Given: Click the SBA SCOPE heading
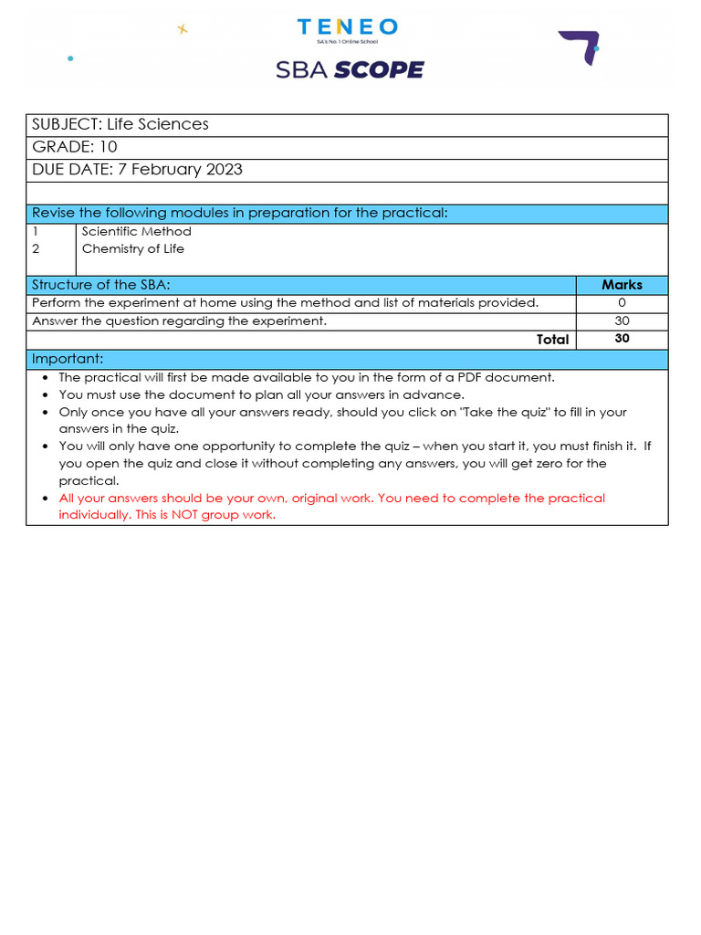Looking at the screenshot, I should [x=350, y=69].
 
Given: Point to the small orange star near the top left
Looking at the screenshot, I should [x=182, y=28].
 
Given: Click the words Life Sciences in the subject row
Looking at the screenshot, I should [x=158, y=124].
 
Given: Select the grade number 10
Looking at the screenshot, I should [x=108, y=147].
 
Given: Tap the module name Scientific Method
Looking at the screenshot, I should [x=136, y=232].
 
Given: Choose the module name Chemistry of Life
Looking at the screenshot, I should [x=132, y=248].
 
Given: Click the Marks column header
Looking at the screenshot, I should [x=622, y=285].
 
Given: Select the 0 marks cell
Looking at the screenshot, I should [x=622, y=303].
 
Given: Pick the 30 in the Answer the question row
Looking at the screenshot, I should [x=622, y=320].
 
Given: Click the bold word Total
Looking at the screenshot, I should [x=552, y=339].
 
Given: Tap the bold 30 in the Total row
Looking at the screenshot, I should [x=622, y=338].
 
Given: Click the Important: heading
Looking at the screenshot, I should [x=68, y=358].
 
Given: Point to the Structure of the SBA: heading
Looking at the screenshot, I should [x=100, y=285].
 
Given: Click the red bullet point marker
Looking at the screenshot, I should [x=46, y=499].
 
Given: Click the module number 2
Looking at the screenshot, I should [x=36, y=248].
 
